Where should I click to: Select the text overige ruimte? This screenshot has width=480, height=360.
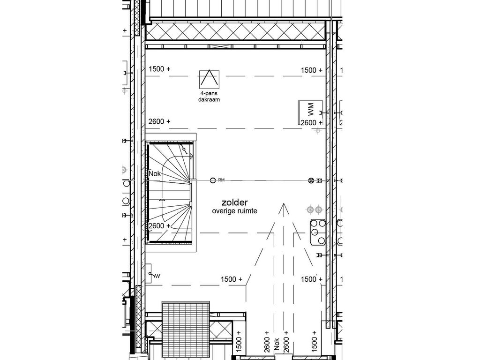pyautogui.click(x=234, y=211)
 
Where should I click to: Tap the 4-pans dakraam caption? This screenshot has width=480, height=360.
pyautogui.click(x=209, y=97)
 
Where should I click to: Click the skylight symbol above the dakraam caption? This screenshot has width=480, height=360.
pyautogui.click(x=209, y=80)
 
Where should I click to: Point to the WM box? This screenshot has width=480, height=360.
pyautogui.click(x=310, y=112)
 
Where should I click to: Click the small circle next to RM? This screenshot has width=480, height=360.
pyautogui.click(x=213, y=180)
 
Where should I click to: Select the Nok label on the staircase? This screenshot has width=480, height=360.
pyautogui.click(x=155, y=174)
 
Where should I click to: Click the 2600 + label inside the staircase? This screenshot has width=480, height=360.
pyautogui.click(x=159, y=226)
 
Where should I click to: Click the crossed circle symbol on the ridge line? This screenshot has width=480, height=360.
pyautogui.click(x=310, y=180)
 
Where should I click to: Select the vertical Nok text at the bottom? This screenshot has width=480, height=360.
pyautogui.click(x=277, y=345)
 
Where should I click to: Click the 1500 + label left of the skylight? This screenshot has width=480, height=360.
pyautogui.click(x=159, y=69)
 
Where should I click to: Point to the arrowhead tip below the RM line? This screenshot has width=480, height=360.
pyautogui.click(x=283, y=204)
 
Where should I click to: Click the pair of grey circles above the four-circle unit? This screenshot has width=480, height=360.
pyautogui.click(x=314, y=209)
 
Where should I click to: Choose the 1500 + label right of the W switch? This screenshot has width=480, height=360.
pyautogui.click(x=232, y=279)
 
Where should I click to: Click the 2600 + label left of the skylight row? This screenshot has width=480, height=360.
pyautogui.click(x=159, y=121)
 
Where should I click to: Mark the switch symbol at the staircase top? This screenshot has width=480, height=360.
pyautogui.click(x=186, y=150)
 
